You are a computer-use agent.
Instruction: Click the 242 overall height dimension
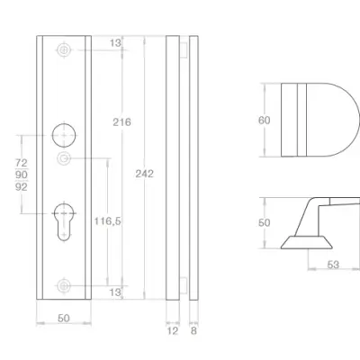point(144,174)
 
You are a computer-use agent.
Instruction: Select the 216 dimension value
point(121,122)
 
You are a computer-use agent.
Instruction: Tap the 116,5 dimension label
point(107,221)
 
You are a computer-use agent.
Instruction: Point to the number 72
point(22,163)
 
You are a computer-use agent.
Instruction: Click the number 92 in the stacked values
point(22,187)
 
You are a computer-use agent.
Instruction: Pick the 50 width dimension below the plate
point(64,319)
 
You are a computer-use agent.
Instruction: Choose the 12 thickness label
point(173,331)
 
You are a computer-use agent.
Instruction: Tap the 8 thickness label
point(193,331)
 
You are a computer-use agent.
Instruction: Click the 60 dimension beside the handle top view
point(265,121)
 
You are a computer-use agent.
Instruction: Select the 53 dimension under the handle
point(333,265)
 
